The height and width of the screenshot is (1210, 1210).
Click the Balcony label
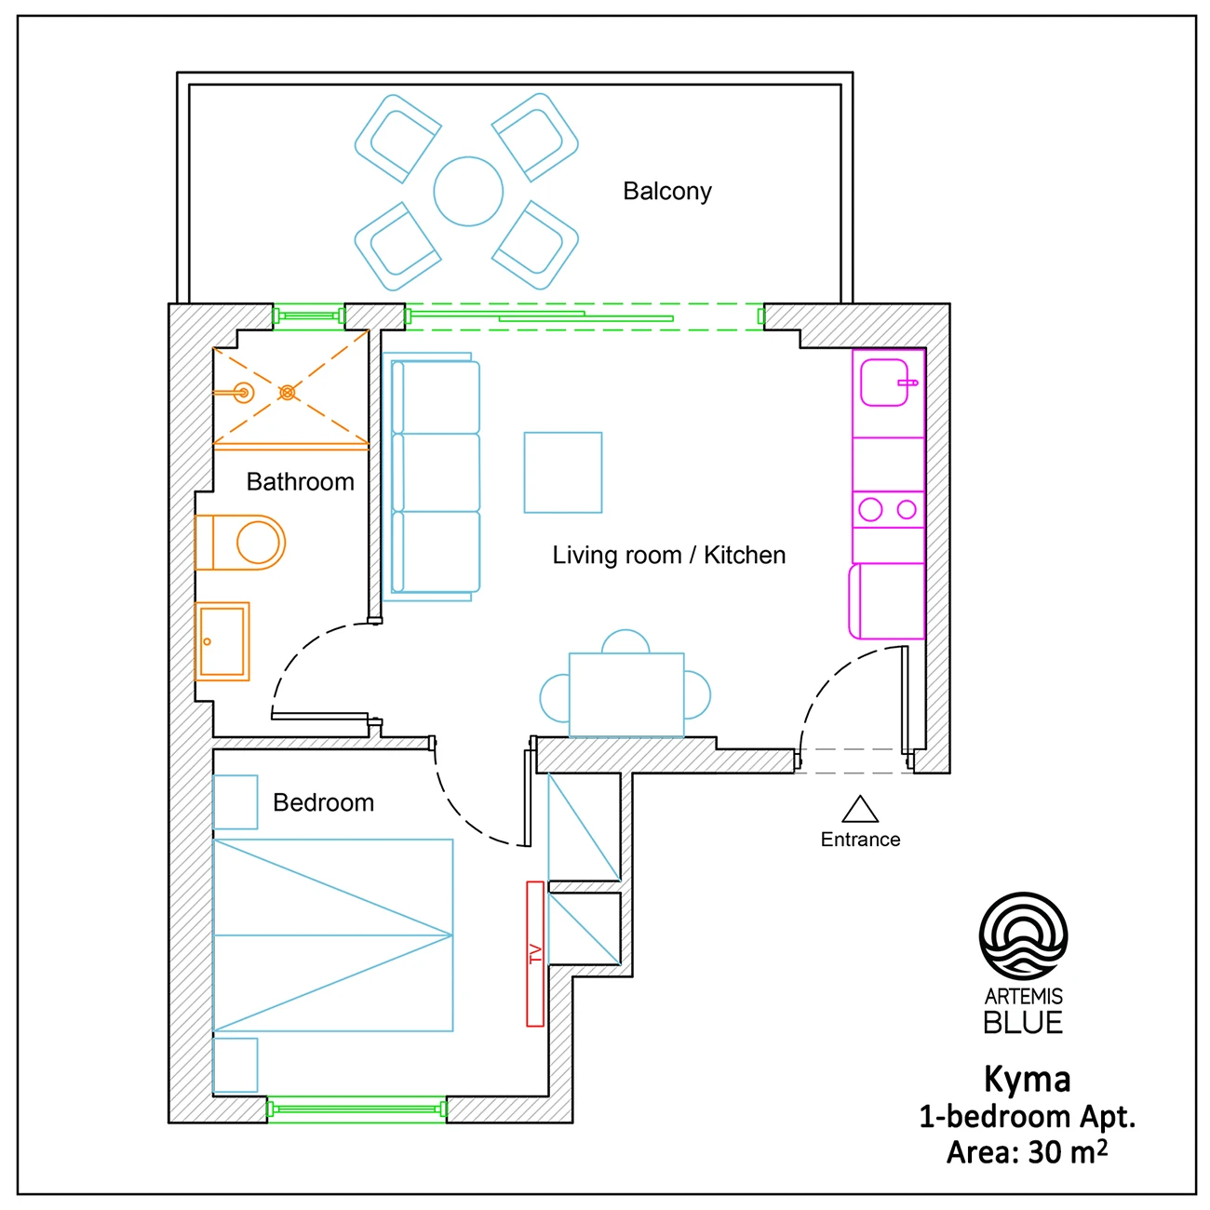[666, 192]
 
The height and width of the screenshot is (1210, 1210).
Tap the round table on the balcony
[468, 191]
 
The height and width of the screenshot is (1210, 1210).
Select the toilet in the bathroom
[240, 543]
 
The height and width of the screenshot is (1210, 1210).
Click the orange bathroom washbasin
[222, 641]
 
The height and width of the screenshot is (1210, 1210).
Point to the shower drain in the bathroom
[287, 393]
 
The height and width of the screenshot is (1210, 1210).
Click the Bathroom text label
[300, 482]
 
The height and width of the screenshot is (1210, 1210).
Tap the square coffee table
[563, 472]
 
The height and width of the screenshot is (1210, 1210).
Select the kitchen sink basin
[884, 383]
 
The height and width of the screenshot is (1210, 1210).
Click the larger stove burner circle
[870, 509]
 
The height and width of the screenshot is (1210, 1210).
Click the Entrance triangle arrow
[860, 810]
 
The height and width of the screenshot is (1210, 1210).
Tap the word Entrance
[860, 840]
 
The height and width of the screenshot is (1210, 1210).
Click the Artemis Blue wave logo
[1024, 935]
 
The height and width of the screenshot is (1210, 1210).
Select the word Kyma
[1028, 1080]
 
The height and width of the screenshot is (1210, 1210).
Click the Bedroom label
[323, 802]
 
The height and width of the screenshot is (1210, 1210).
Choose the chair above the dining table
[625, 641]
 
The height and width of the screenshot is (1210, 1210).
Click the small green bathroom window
[309, 316]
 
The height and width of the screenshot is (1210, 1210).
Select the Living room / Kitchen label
[668, 555]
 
